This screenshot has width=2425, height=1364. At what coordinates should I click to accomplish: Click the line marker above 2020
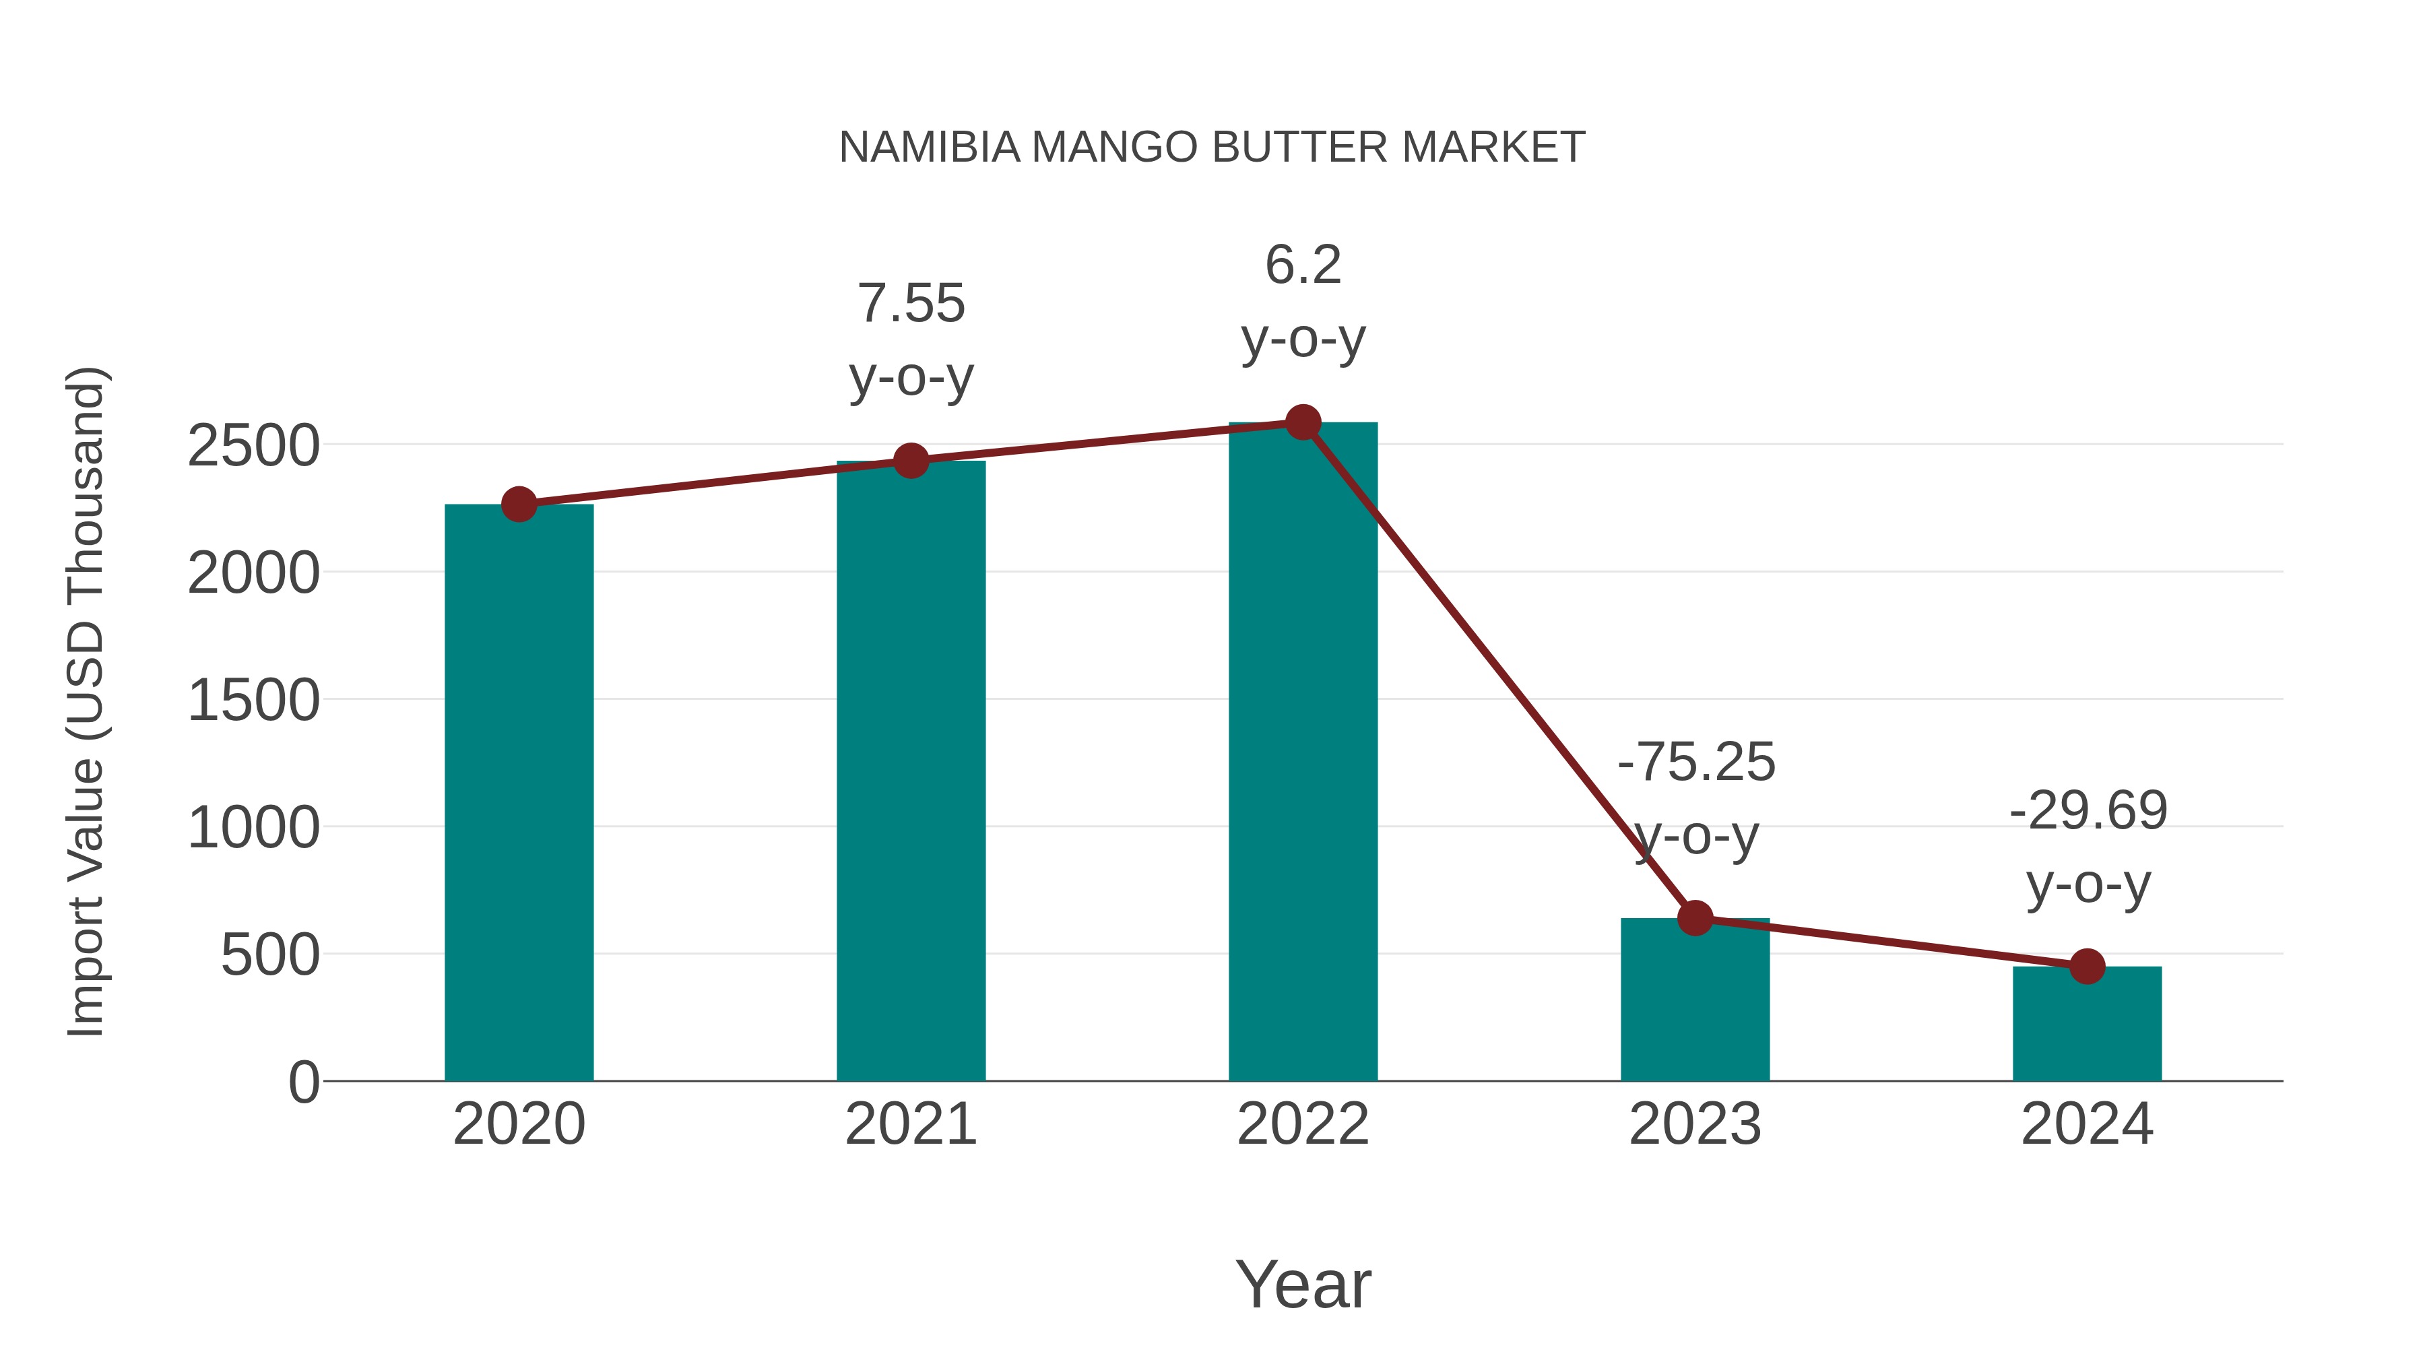click(519, 505)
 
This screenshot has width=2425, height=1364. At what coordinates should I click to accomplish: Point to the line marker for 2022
click(1303, 422)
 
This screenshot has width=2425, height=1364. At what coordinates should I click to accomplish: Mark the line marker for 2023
click(1695, 918)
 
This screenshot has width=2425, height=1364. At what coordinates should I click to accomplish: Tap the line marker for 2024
click(2087, 967)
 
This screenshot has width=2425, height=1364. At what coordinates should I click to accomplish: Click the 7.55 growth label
click(910, 303)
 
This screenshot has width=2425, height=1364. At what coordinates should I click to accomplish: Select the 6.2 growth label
click(1303, 265)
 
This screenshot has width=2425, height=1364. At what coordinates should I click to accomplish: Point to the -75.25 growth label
click(1695, 762)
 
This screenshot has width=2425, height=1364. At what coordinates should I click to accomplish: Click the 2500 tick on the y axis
click(253, 445)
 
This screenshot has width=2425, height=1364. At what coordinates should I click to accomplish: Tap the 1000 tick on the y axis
click(253, 829)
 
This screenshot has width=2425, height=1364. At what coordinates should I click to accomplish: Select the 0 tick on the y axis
click(303, 1082)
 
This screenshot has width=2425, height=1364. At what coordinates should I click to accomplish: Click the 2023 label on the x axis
click(1695, 1124)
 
